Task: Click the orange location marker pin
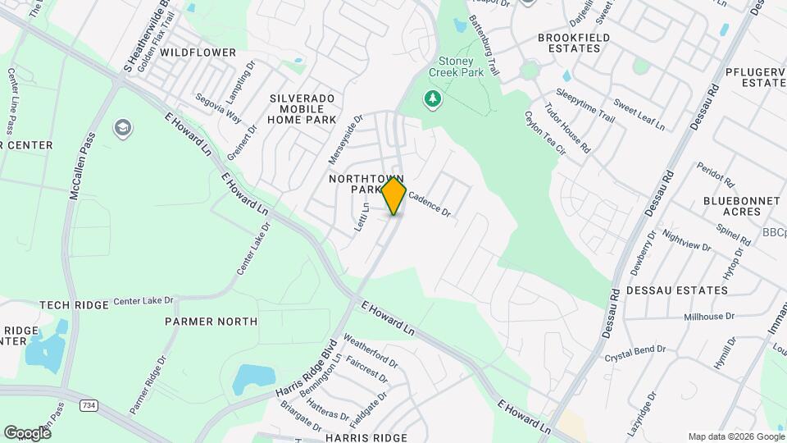click(394, 195)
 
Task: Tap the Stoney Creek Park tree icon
click(432, 100)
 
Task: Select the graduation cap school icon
click(123, 127)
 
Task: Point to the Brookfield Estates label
click(580, 43)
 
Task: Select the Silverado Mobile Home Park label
click(303, 108)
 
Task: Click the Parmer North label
click(211, 322)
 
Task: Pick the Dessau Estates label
click(676, 290)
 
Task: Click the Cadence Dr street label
click(430, 203)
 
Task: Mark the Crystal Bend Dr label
click(635, 354)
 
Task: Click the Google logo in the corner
click(27, 432)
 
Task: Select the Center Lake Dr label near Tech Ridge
click(144, 301)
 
